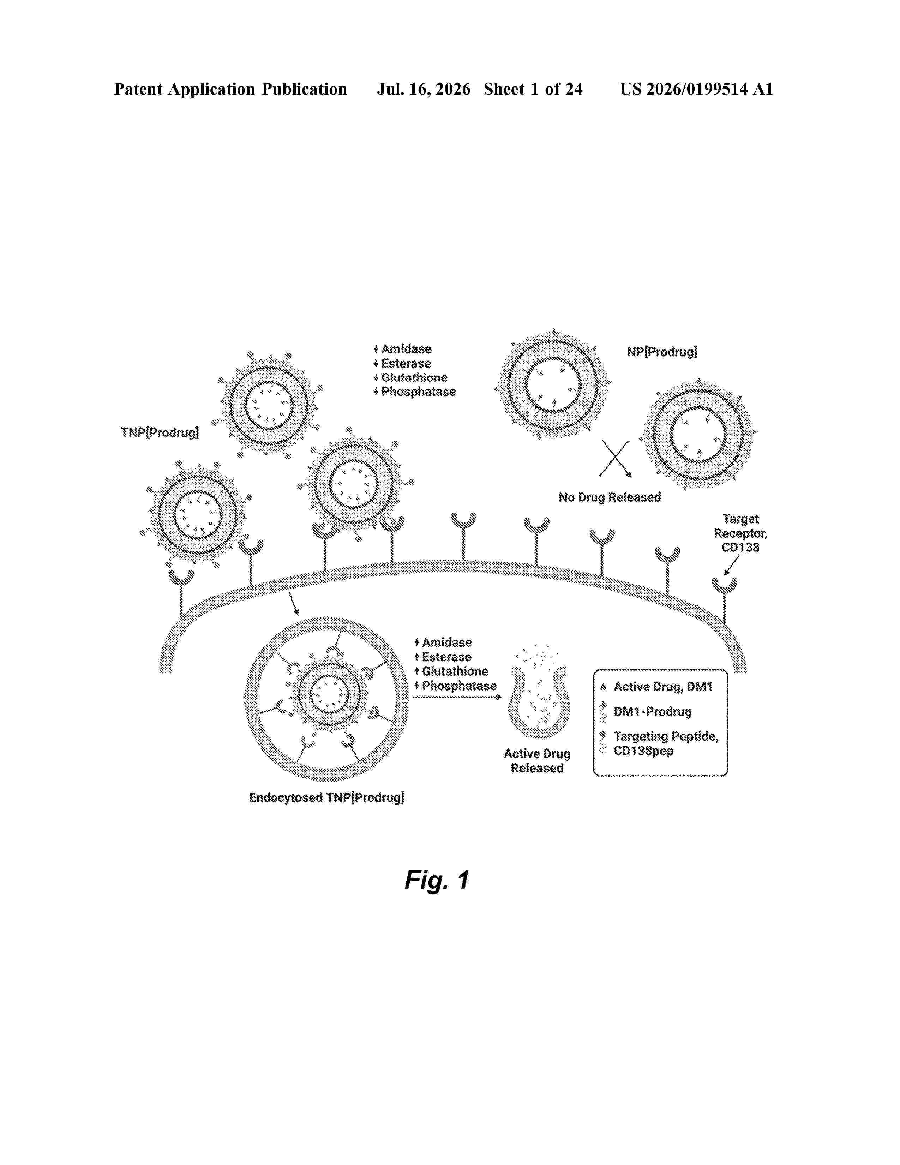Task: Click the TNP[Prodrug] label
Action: [160, 432]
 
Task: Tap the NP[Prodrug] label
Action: [662, 352]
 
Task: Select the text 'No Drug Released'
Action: [610, 497]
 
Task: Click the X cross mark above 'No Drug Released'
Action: [615, 458]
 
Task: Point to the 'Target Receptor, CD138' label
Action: [740, 533]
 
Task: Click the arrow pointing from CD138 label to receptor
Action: [732, 565]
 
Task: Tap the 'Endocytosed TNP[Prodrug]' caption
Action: [326, 797]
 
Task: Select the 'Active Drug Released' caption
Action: [537, 761]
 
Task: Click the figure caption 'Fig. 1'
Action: [437, 880]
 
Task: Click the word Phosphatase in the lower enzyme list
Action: [459, 686]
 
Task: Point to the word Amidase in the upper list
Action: [406, 349]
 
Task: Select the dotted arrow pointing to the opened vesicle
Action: [457, 697]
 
